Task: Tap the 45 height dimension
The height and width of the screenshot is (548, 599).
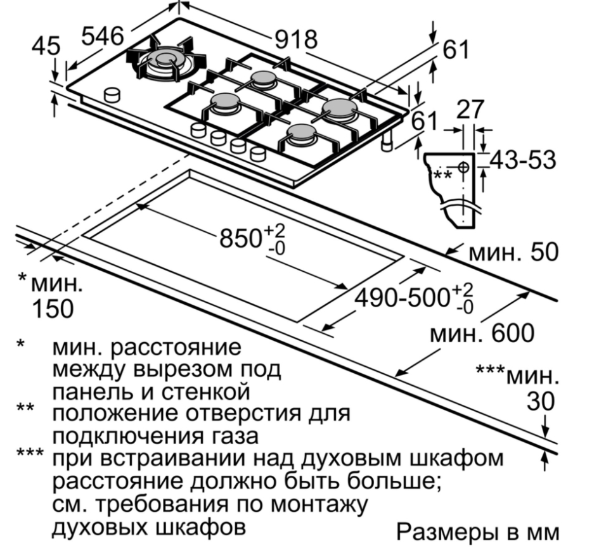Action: [46, 46]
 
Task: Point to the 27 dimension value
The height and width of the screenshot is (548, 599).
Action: [470, 110]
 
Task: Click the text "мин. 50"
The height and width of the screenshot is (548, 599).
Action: [514, 252]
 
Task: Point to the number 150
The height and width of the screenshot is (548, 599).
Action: [53, 309]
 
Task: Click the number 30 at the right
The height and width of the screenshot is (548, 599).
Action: [540, 402]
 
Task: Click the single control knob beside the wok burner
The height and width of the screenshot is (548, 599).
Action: [113, 94]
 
